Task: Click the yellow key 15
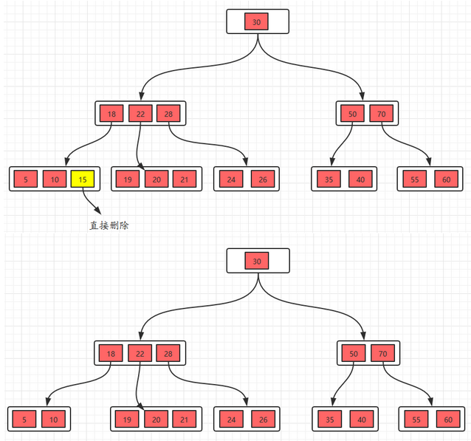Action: click(x=83, y=179)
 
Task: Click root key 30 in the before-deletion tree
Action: click(x=256, y=21)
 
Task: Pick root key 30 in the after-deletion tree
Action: click(x=256, y=261)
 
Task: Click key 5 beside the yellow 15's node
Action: click(x=25, y=179)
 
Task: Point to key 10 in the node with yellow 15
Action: click(x=54, y=179)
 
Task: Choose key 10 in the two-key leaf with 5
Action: click(x=54, y=419)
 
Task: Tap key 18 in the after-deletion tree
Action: click(x=111, y=354)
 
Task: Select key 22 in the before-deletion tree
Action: click(x=140, y=113)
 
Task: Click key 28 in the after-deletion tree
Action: click(x=168, y=354)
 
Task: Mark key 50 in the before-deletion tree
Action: click(x=353, y=113)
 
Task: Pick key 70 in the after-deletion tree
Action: click(x=382, y=354)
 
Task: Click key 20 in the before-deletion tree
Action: click(x=157, y=179)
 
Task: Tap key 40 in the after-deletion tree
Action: click(x=361, y=419)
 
